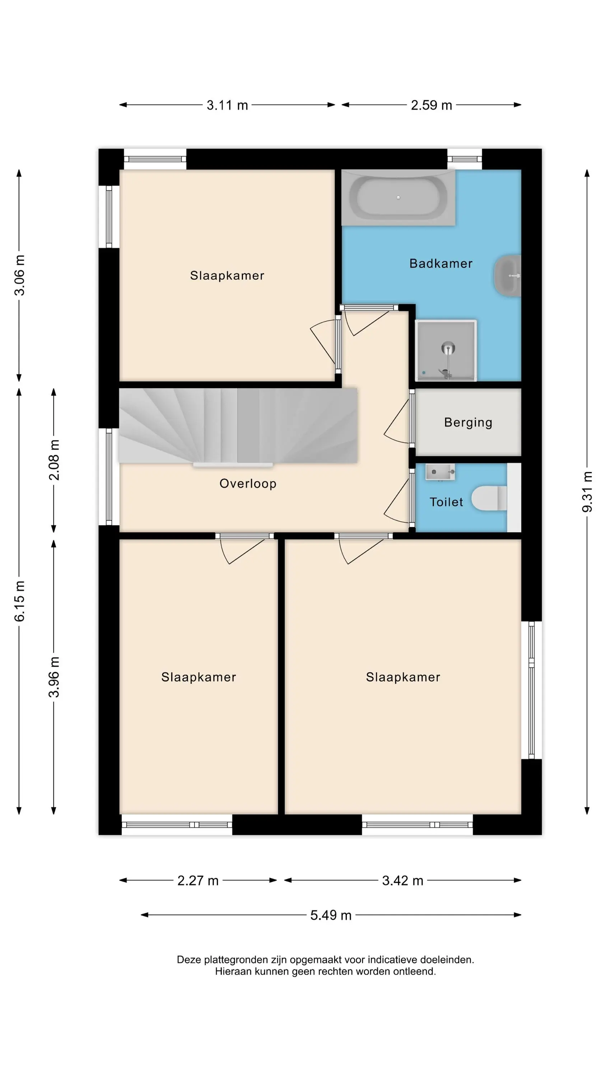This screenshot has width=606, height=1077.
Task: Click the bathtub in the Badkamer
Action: (x=398, y=197)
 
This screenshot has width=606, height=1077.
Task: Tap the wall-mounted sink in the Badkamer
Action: (x=508, y=276)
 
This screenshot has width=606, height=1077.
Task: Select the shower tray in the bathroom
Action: (x=446, y=350)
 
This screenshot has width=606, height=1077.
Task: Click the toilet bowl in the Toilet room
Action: (x=489, y=498)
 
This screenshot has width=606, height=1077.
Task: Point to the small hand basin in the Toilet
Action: (x=440, y=472)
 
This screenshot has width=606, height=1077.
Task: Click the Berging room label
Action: (x=468, y=422)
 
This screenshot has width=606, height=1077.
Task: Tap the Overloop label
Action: (x=248, y=483)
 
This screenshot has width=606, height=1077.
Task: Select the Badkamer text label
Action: (x=441, y=264)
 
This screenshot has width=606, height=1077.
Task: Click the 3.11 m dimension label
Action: (x=227, y=105)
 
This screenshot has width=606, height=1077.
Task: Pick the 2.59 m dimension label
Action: (x=431, y=105)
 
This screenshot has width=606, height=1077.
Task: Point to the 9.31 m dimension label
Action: (x=587, y=492)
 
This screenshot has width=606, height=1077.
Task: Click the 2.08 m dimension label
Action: (x=54, y=460)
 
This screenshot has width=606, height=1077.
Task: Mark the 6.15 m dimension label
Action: (x=19, y=601)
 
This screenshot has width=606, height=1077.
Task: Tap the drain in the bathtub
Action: (x=398, y=197)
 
